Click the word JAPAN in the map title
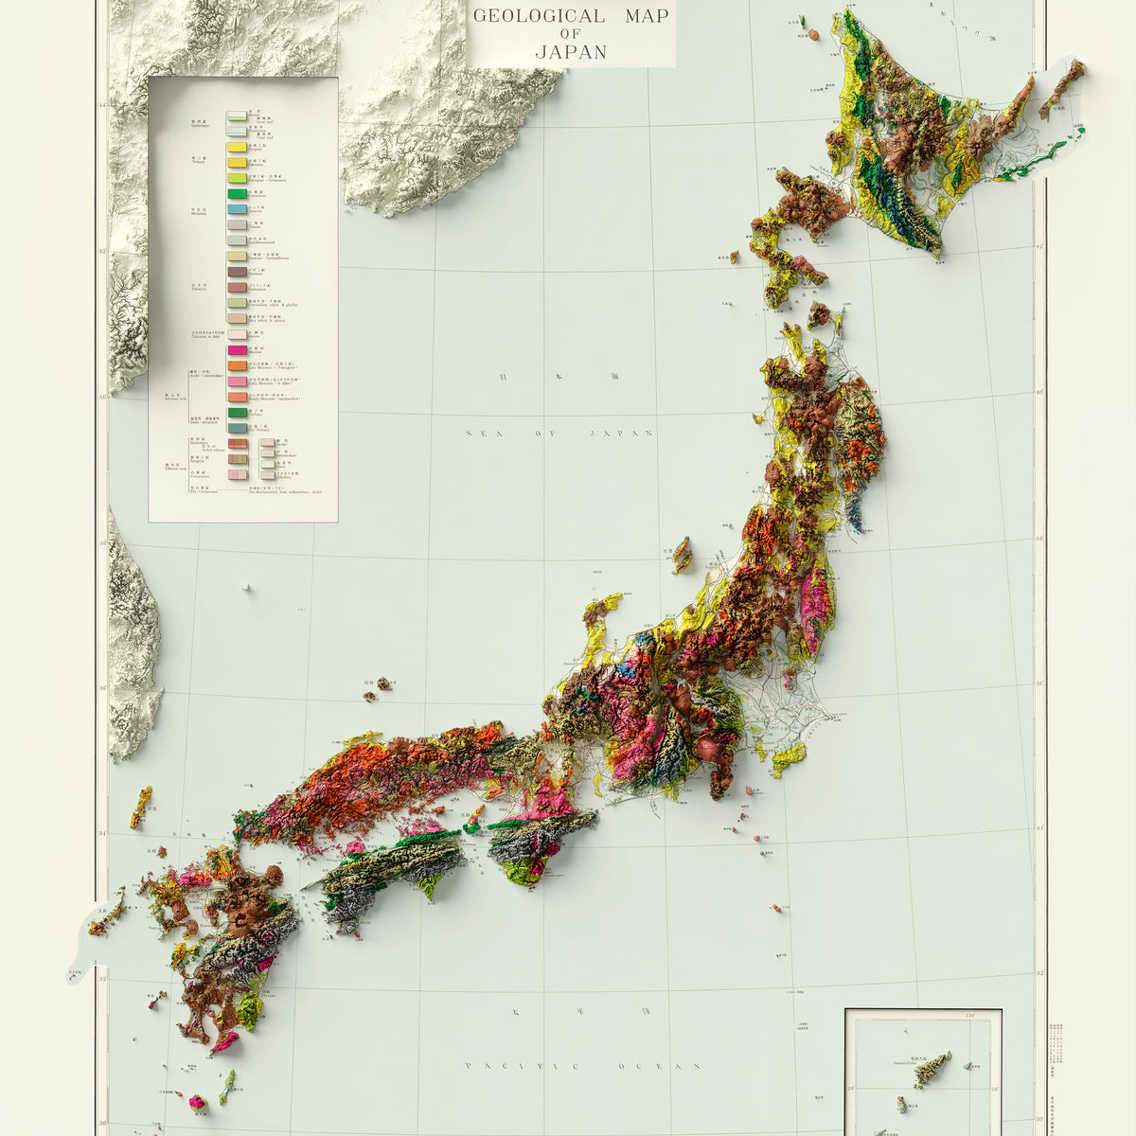[571, 52]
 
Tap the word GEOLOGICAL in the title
[539, 15]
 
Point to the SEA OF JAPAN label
[559, 433]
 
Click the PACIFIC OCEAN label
[582, 1066]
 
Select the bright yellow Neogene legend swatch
[237, 147]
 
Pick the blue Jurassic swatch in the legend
[237, 208]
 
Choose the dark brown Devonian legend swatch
[237, 272]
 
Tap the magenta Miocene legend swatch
[237, 350]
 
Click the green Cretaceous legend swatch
[237, 193]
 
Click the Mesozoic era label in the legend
[199, 213]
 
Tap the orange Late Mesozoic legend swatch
[237, 365]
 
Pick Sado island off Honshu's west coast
[682, 555]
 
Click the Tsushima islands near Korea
[141, 806]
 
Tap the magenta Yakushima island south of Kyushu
[198, 1102]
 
